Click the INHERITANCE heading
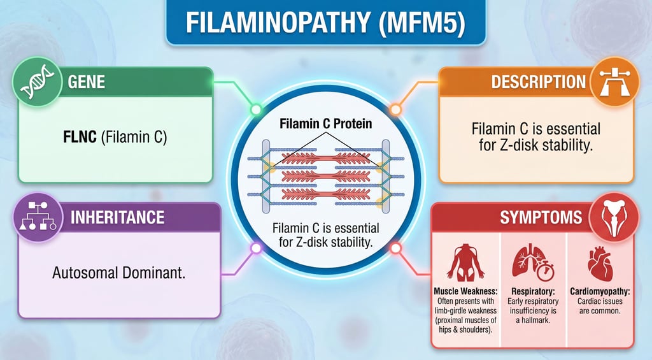pyautogui.click(x=117, y=217)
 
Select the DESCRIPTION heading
pyautogui.click(x=538, y=82)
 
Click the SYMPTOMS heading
pyautogui.click(x=541, y=218)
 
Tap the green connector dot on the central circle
pyautogui.click(x=256, y=110)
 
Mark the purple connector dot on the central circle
pyautogui.click(x=256, y=247)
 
